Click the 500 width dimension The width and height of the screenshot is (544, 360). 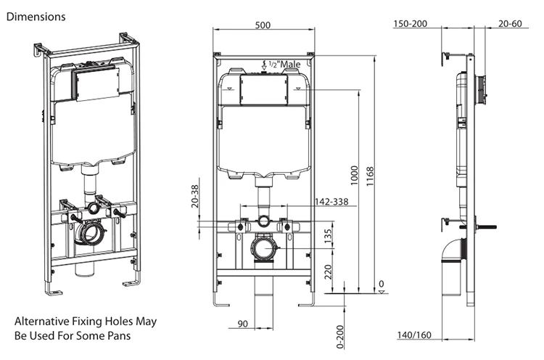[263, 25]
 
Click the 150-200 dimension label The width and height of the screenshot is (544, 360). [410, 24]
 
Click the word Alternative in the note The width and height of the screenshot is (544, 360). [42, 320]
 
